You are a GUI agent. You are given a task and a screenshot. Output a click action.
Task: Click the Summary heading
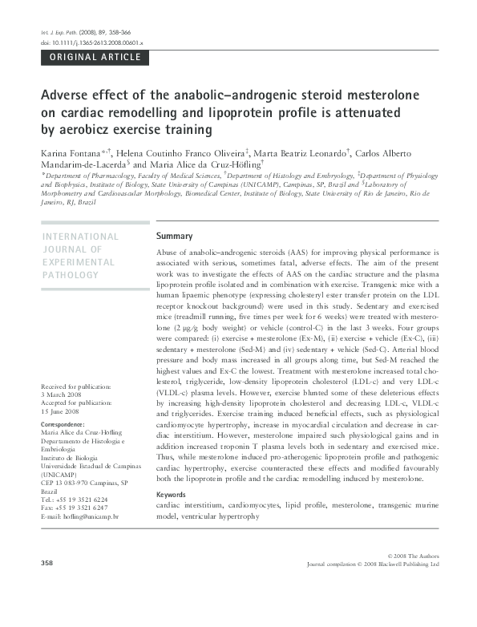coord(174,237)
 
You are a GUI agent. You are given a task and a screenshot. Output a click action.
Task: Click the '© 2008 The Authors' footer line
coord(413,556)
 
